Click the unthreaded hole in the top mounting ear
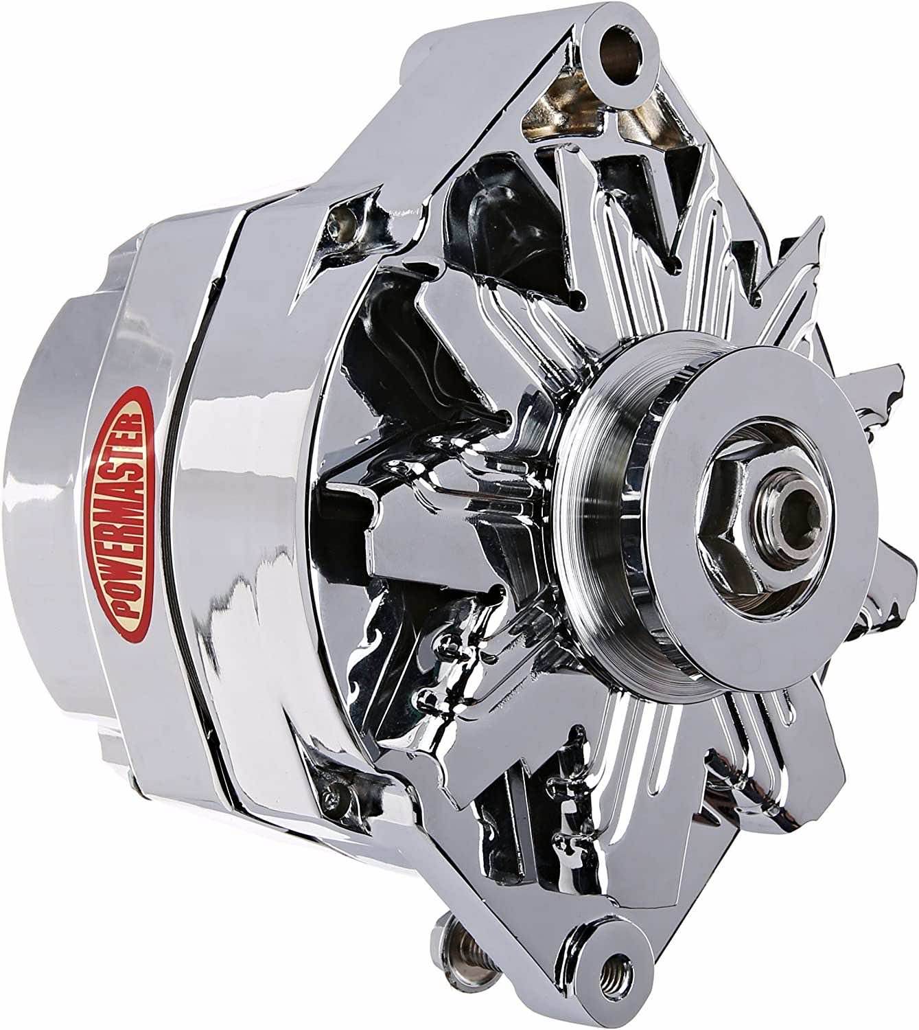click(x=620, y=47)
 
